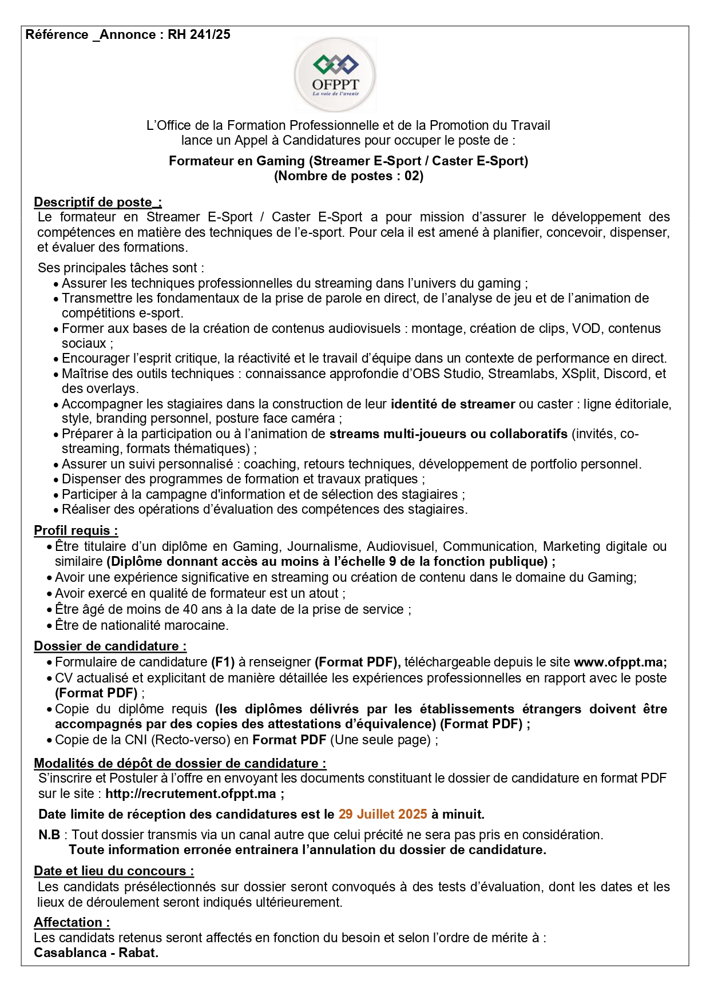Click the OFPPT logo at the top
click(335, 75)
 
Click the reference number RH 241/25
click(199, 35)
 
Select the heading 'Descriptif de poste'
click(98, 202)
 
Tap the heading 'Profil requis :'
click(76, 530)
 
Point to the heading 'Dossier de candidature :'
click(110, 646)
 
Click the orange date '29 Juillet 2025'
click(383, 813)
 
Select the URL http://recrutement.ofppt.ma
click(191, 793)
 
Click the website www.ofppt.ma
click(620, 662)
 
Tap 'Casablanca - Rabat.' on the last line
click(96, 953)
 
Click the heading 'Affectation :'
click(72, 922)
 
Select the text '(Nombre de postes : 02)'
click(348, 176)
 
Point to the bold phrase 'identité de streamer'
click(453, 404)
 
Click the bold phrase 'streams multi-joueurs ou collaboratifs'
click(448, 434)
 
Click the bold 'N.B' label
click(49, 835)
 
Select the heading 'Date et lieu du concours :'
click(114, 871)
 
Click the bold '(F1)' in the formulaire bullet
click(223, 662)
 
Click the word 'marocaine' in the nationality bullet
click(197, 625)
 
